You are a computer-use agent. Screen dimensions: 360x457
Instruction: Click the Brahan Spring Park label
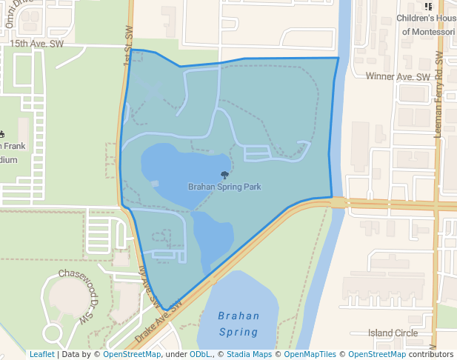224,187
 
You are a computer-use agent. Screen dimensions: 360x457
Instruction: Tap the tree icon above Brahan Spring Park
224,176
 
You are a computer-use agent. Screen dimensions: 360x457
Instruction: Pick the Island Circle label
393,333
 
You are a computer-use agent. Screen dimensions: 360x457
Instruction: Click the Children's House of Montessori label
427,24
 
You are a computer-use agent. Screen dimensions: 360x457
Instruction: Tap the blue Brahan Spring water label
238,324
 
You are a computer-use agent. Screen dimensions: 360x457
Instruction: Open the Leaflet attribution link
42,354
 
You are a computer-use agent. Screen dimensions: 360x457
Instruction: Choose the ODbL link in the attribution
200,354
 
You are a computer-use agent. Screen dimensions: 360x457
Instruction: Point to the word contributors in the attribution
431,354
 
